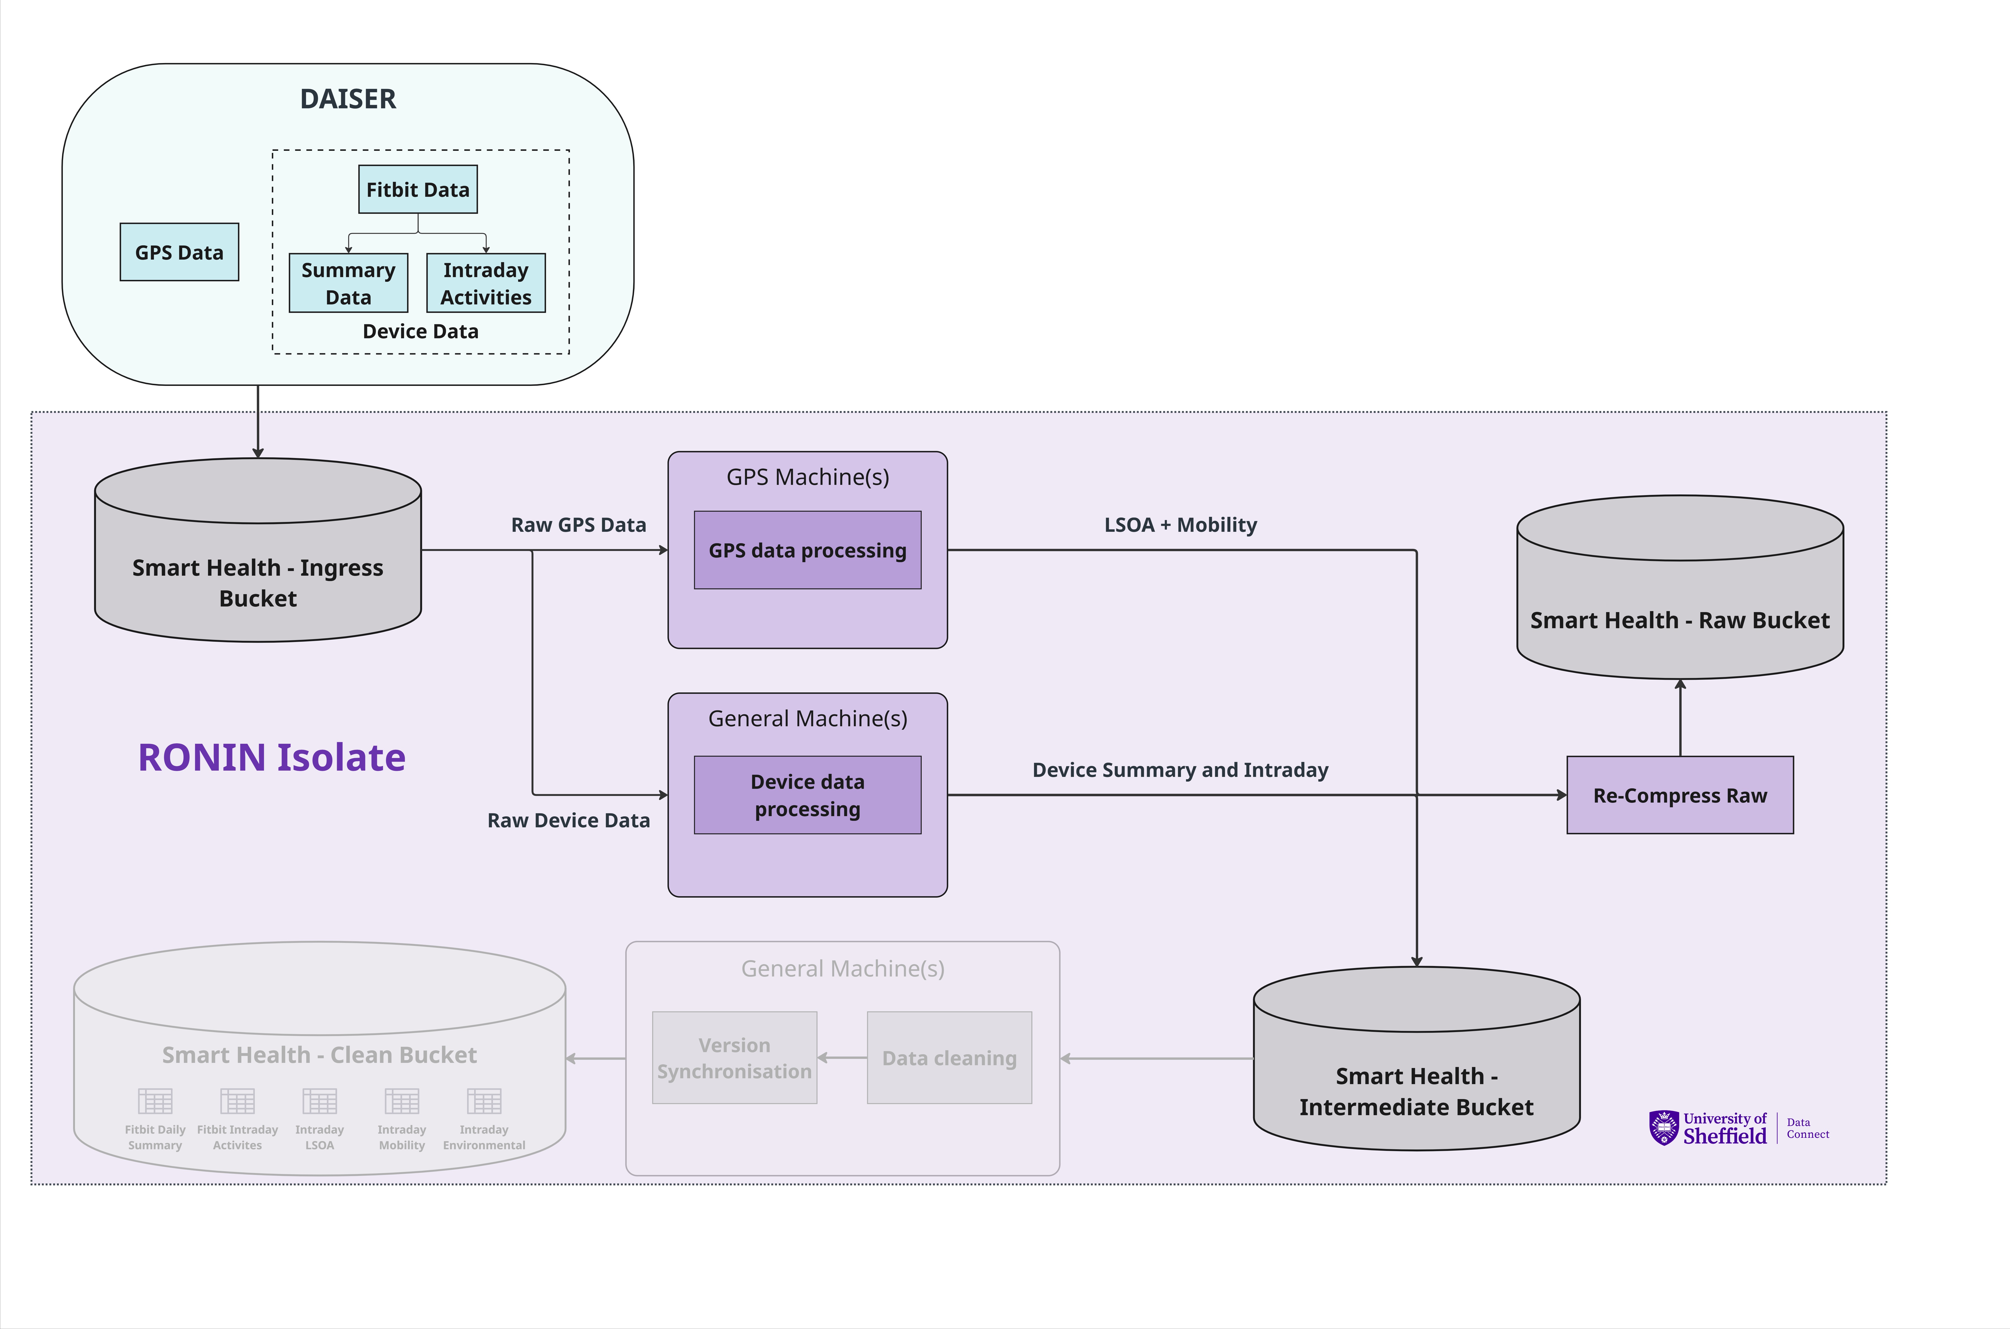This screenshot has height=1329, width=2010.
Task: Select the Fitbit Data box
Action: (x=418, y=189)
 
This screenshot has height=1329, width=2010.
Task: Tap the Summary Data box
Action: (x=348, y=283)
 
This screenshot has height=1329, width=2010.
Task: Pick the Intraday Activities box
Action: (x=486, y=283)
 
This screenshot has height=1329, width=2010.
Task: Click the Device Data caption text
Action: (x=420, y=331)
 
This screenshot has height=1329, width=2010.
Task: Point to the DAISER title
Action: (x=348, y=99)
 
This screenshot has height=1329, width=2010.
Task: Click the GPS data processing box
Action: (x=807, y=550)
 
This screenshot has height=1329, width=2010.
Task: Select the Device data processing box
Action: (x=807, y=795)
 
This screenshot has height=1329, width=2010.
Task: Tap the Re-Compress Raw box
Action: (x=1679, y=795)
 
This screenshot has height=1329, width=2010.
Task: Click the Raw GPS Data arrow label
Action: (x=578, y=525)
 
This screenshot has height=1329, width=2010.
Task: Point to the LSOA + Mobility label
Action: (x=1180, y=525)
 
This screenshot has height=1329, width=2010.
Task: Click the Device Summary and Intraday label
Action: (x=1179, y=770)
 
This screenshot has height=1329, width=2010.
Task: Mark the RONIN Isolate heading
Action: (x=271, y=757)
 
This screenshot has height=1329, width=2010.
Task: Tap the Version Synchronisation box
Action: (x=734, y=1058)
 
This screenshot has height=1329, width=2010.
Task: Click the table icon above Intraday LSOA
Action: (x=320, y=1101)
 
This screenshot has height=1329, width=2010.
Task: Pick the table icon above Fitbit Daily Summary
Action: (x=155, y=1101)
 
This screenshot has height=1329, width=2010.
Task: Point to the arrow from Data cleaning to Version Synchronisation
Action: (x=842, y=1058)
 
